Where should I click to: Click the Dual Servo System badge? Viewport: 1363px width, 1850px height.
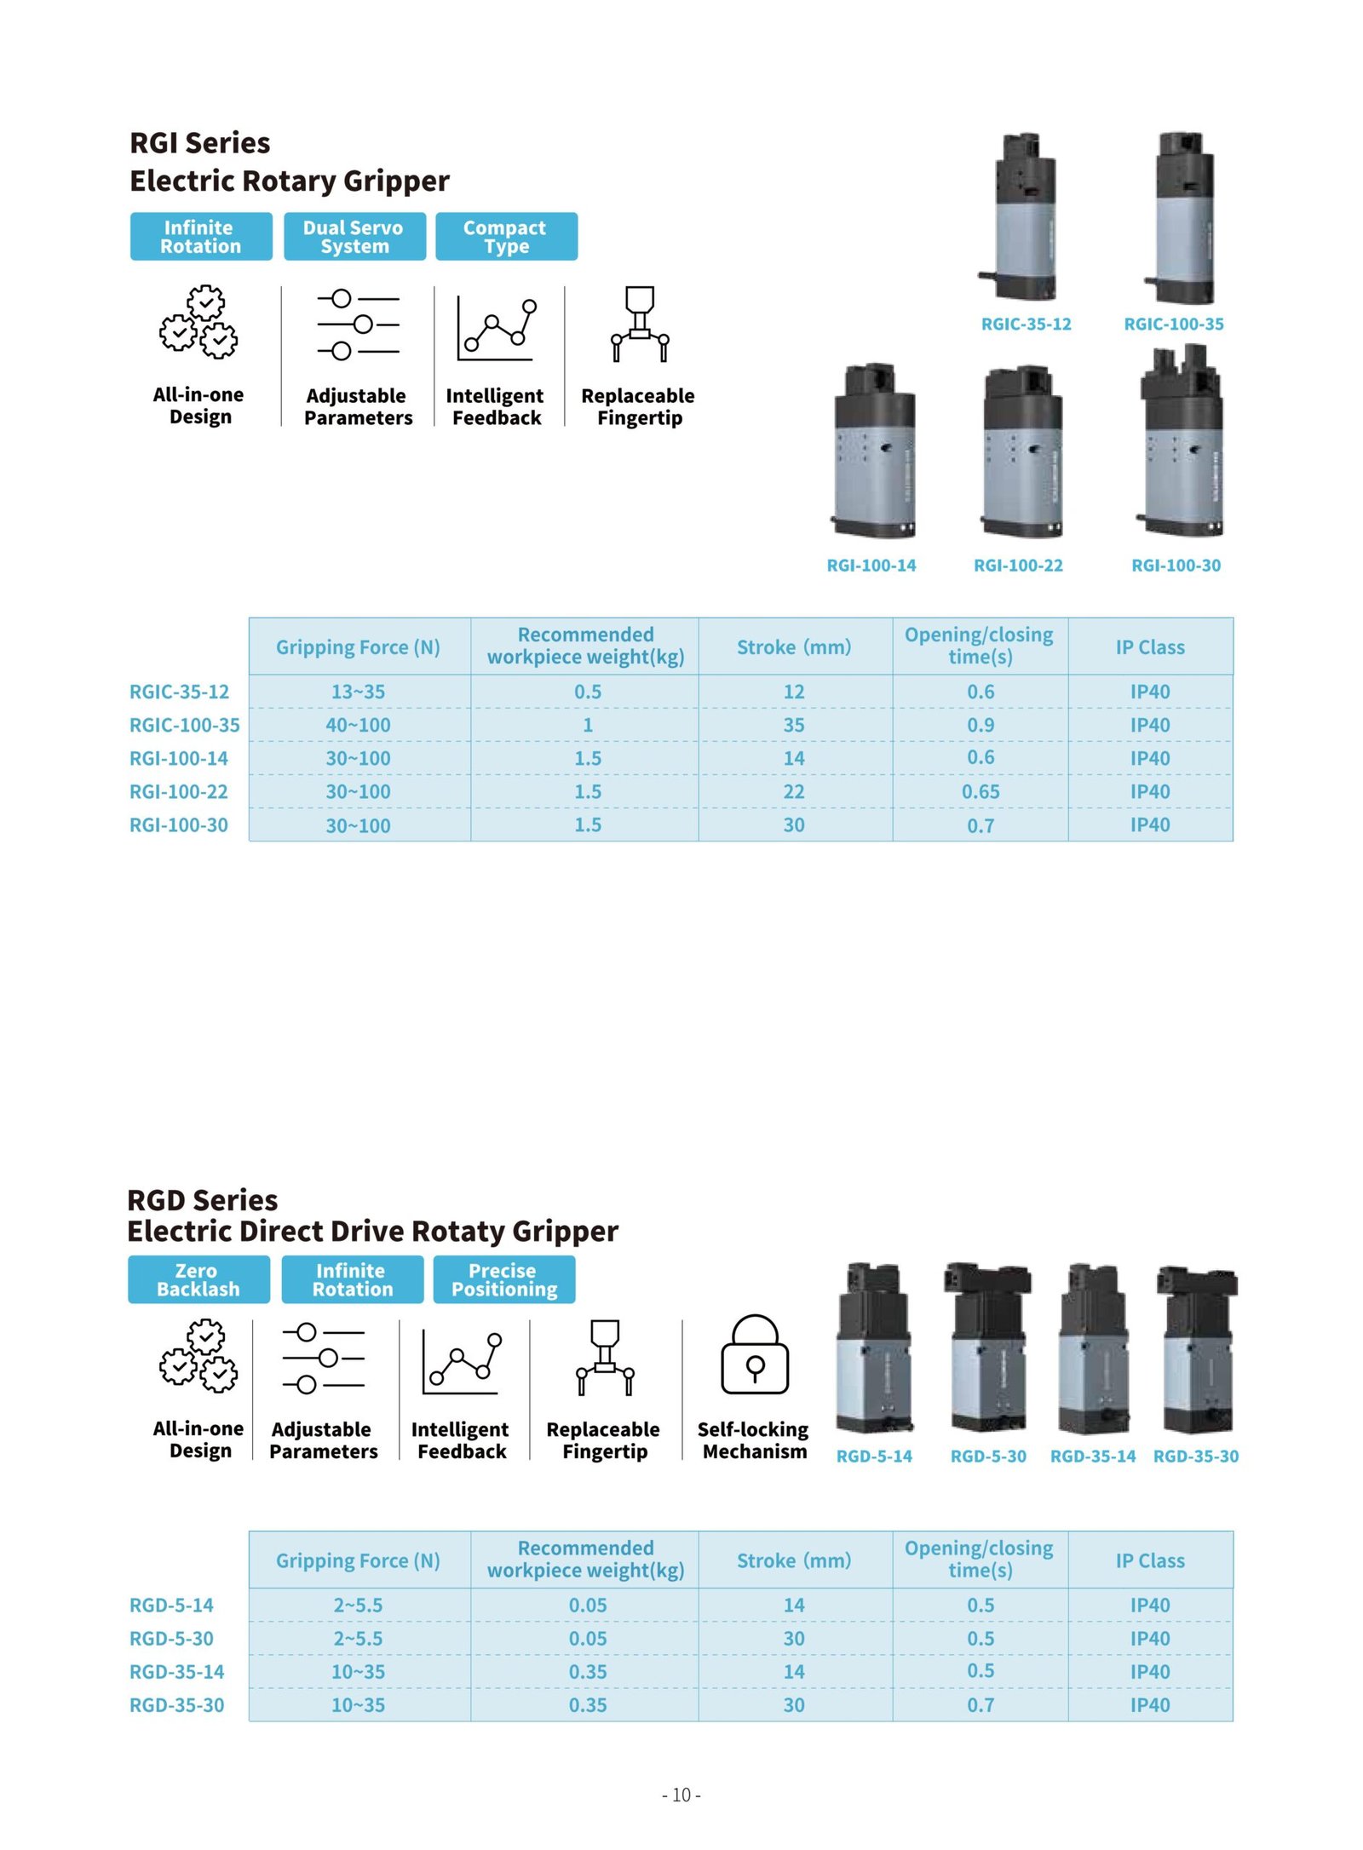(x=354, y=236)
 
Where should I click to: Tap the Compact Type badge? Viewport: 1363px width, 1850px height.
(x=505, y=236)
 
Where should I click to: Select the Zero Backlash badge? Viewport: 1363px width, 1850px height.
(x=198, y=1278)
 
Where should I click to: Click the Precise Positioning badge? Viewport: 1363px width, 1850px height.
(x=503, y=1278)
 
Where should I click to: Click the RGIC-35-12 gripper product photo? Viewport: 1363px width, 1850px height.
(x=1022, y=217)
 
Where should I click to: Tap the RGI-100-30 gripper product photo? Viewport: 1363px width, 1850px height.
(x=1181, y=443)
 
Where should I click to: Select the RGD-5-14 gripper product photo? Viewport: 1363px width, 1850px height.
(x=874, y=1349)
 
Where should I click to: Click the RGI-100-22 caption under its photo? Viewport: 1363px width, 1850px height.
(x=1018, y=565)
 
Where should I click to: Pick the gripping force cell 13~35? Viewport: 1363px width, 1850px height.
(x=358, y=692)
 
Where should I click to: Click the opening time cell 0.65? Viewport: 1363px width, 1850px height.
(x=980, y=791)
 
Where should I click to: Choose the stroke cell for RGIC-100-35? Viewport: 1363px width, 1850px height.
(x=793, y=725)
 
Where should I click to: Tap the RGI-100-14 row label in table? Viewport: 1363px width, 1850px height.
(x=178, y=758)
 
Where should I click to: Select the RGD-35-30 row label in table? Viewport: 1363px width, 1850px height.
(x=176, y=1705)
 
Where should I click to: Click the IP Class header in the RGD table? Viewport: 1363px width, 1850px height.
(x=1149, y=1560)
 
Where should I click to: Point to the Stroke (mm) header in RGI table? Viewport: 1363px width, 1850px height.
(x=793, y=647)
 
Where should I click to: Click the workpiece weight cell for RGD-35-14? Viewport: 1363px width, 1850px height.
(x=587, y=1671)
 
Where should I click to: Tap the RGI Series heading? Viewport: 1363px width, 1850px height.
(x=199, y=143)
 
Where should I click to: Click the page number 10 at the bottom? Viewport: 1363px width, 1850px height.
(x=681, y=1795)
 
